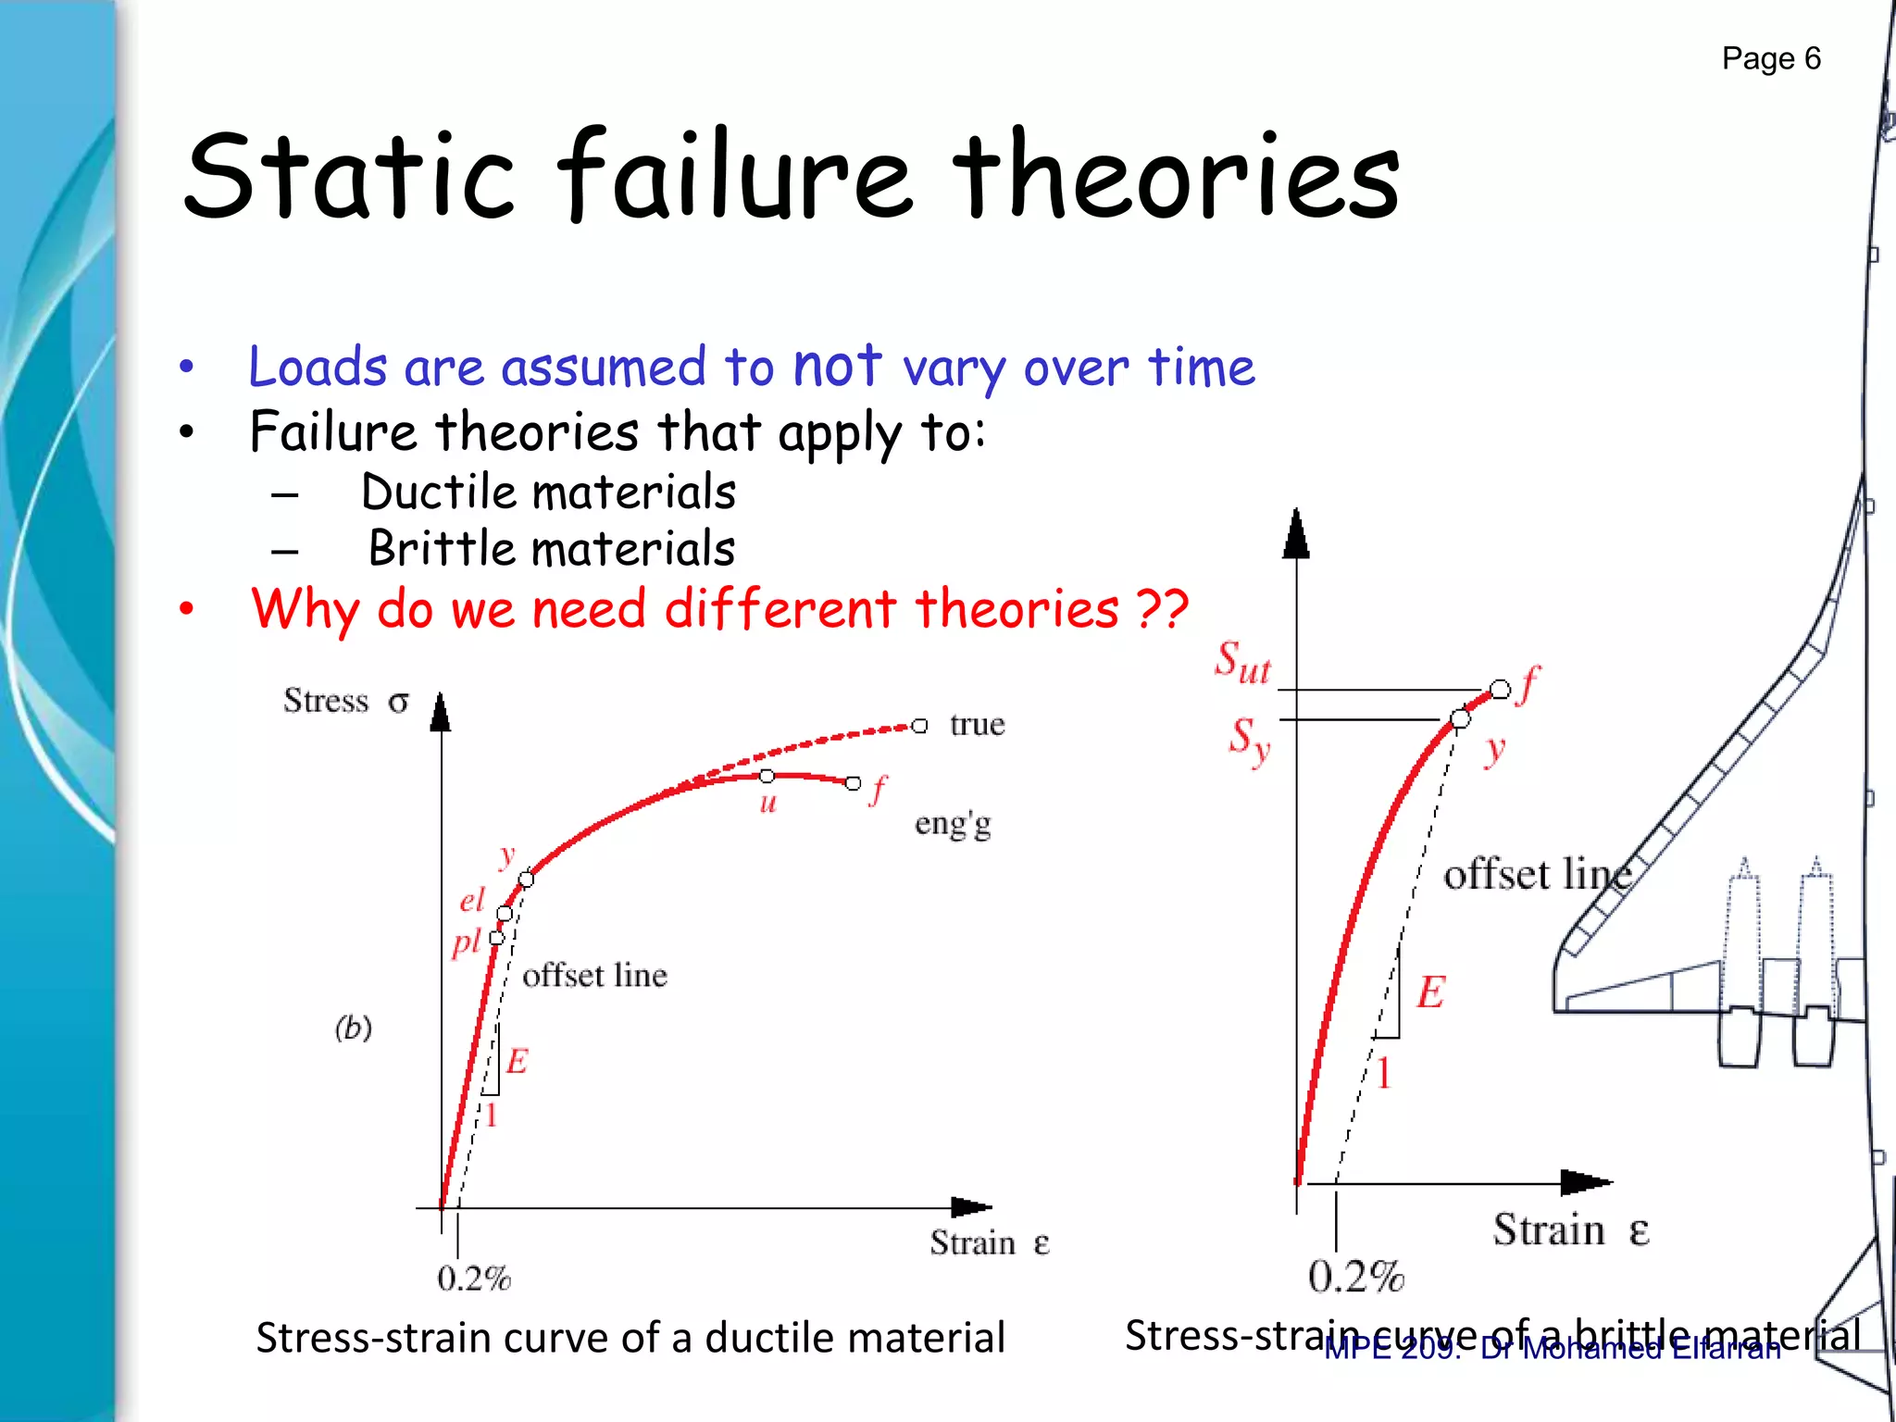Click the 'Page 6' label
click(1770, 59)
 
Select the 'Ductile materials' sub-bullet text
click(548, 492)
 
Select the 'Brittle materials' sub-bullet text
click(552, 549)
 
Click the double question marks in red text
click(1162, 609)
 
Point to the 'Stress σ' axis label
click(345, 702)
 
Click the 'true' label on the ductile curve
click(977, 725)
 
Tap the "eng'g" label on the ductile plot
click(953, 823)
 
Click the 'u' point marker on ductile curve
click(767, 776)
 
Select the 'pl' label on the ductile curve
click(467, 942)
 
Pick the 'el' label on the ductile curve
click(472, 900)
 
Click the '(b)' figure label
click(354, 1028)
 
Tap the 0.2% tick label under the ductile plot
click(474, 1279)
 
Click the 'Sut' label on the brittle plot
click(1242, 663)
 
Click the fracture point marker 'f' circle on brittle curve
click(1500, 690)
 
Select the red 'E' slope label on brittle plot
click(1430, 992)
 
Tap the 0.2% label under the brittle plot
click(1356, 1278)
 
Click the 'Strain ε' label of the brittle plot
click(1571, 1231)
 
